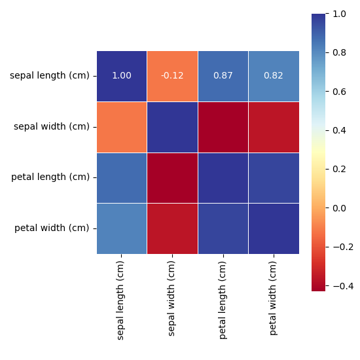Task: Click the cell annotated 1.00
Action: (x=122, y=76)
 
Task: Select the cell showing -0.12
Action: (x=172, y=76)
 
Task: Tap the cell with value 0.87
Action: (x=223, y=76)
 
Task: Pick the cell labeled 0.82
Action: (x=274, y=76)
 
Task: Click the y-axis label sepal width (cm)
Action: (x=51, y=126)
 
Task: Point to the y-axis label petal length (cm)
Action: (x=50, y=177)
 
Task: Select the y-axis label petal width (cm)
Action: (x=51, y=228)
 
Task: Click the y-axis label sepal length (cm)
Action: (x=49, y=76)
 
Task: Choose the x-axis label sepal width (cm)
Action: (x=172, y=298)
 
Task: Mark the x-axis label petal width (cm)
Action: (x=274, y=298)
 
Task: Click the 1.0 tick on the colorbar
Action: (x=340, y=14)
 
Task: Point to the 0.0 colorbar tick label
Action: (x=340, y=208)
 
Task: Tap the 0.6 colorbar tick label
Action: (x=340, y=92)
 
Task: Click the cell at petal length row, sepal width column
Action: (x=172, y=177)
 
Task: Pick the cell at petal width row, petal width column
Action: (x=274, y=228)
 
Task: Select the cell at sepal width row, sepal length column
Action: (x=122, y=126)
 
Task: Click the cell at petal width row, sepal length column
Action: (x=122, y=228)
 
